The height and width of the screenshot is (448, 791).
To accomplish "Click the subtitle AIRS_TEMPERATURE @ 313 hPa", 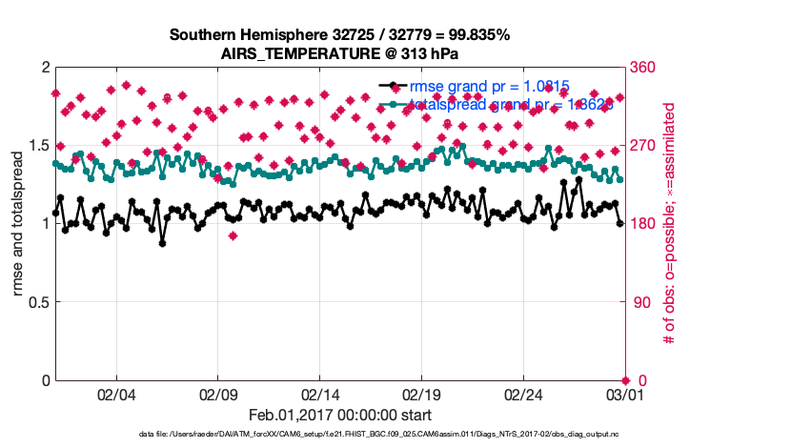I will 340,53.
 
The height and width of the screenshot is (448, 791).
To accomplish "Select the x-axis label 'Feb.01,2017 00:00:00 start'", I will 340,415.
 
